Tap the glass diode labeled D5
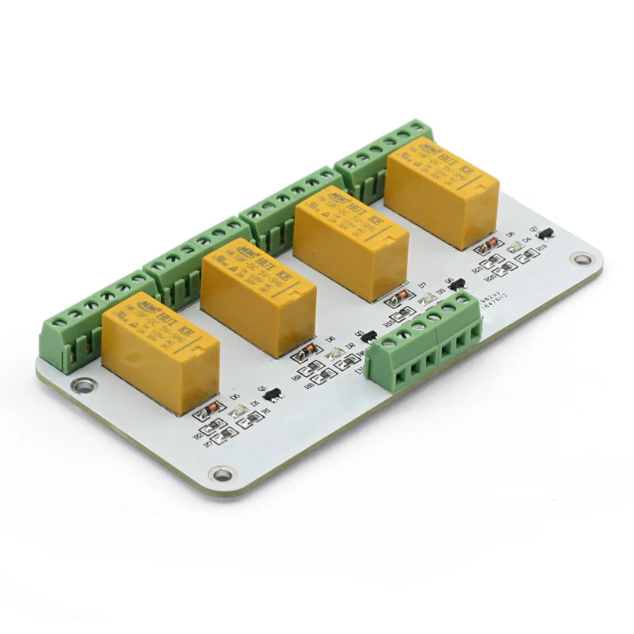tap(210, 411)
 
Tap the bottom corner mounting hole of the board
tap(223, 474)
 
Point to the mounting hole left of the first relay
tap(78, 387)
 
